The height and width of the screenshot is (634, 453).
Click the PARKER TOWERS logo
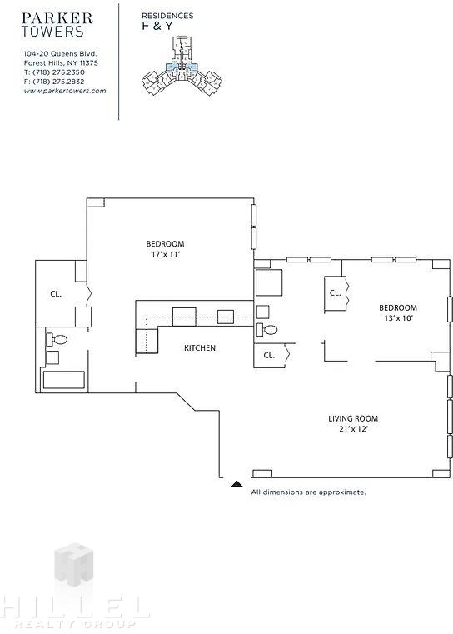(x=57, y=25)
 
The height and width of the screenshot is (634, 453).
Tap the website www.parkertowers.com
(x=65, y=91)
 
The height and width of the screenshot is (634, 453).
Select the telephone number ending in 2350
(x=54, y=72)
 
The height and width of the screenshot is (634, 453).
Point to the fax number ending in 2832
(x=54, y=82)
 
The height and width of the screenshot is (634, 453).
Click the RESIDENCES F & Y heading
(x=167, y=22)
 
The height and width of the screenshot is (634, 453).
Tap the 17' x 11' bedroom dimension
(x=165, y=255)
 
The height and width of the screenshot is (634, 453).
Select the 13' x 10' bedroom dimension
(x=398, y=318)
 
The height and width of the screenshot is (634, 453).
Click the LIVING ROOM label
(x=353, y=418)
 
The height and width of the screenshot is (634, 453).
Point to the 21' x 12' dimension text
(x=353, y=429)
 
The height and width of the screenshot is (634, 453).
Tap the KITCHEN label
(x=200, y=348)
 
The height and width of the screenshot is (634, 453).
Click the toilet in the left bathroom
(x=57, y=340)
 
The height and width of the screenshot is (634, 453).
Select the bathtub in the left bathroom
(x=64, y=380)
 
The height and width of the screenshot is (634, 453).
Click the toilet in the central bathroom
(x=267, y=330)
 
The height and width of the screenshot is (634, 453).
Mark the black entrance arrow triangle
(x=236, y=483)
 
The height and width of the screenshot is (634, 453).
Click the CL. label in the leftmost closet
(x=56, y=294)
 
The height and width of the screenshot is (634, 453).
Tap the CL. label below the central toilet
(x=269, y=356)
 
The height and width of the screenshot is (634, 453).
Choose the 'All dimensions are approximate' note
(x=308, y=492)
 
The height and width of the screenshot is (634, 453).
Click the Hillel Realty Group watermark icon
(x=74, y=565)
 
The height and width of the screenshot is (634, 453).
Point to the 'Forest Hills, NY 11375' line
(x=61, y=63)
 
